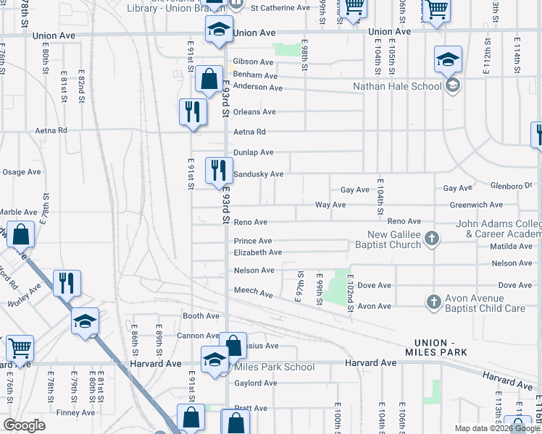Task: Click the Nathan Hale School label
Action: [x=396, y=86]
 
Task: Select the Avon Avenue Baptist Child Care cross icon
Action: [x=434, y=302]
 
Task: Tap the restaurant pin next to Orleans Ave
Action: [x=193, y=112]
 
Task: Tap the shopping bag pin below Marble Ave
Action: [x=22, y=236]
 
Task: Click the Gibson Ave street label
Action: [x=253, y=62]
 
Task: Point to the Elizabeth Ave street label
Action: [x=257, y=252]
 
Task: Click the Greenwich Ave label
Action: [x=476, y=205]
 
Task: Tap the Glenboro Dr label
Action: [x=511, y=185]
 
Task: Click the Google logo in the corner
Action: [x=24, y=425]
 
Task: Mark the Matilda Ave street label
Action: [x=511, y=246]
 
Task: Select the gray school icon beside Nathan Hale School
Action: [x=453, y=86]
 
